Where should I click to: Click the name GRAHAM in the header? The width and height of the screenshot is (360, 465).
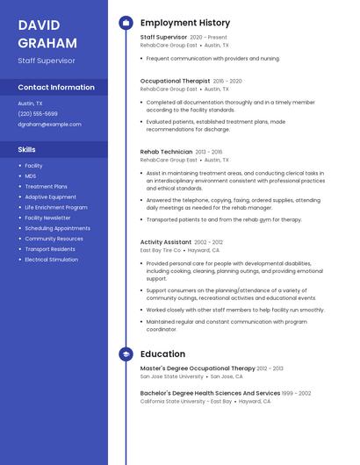click(x=47, y=42)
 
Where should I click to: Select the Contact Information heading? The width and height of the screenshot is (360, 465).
click(x=56, y=87)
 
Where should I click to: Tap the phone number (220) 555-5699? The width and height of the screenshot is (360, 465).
click(x=38, y=113)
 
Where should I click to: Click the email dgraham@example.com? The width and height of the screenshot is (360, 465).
click(x=49, y=124)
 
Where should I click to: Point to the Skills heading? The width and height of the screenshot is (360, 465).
click(x=27, y=149)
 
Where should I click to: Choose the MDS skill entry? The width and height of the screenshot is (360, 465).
click(x=31, y=175)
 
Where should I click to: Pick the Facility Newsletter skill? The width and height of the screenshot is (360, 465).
click(x=47, y=218)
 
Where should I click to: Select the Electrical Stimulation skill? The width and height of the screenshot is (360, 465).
click(x=51, y=260)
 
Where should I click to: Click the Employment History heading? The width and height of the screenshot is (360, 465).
click(x=185, y=23)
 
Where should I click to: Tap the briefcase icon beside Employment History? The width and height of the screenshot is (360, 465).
click(x=126, y=23)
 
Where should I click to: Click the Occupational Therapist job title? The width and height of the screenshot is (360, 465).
click(x=175, y=81)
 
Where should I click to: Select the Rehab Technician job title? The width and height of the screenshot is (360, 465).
click(x=166, y=152)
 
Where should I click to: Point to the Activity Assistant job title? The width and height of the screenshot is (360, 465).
click(x=165, y=242)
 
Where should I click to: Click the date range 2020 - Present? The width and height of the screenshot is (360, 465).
click(x=208, y=38)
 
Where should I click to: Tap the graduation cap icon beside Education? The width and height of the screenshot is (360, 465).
click(x=126, y=354)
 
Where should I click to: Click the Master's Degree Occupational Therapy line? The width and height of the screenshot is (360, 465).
click(x=198, y=368)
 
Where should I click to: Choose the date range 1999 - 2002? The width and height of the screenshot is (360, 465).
click(x=297, y=393)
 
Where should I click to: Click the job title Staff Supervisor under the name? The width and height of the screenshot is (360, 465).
click(x=47, y=61)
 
